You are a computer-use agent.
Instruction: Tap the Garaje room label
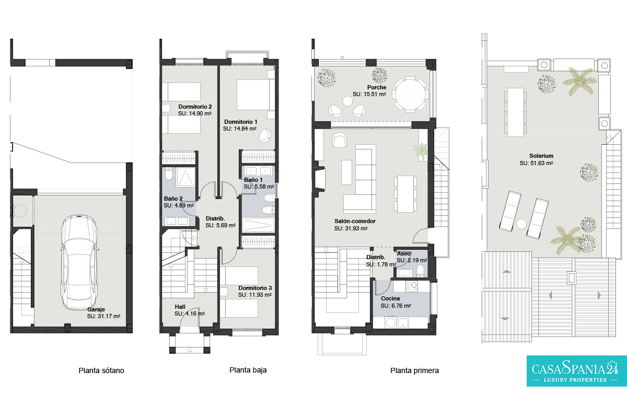96,309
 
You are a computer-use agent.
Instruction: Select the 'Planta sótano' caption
101,370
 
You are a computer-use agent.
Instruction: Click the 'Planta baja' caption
248,370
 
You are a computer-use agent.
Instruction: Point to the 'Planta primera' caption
414,370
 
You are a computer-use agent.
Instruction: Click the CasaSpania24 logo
577,371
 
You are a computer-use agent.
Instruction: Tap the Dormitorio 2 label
195,107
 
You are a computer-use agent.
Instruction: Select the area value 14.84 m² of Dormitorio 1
240,129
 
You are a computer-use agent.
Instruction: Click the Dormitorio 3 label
255,288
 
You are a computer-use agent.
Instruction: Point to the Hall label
180,307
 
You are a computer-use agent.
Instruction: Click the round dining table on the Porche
410,94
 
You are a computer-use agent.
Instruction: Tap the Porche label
377,87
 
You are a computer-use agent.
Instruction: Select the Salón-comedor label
355,221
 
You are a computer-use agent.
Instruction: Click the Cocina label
390,298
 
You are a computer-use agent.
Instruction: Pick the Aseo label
403,253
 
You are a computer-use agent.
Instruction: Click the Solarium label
541,156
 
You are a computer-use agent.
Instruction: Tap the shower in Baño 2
185,178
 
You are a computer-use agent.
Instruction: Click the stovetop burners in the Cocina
412,286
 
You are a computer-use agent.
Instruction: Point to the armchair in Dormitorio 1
265,135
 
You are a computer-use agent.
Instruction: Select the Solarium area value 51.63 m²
536,163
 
